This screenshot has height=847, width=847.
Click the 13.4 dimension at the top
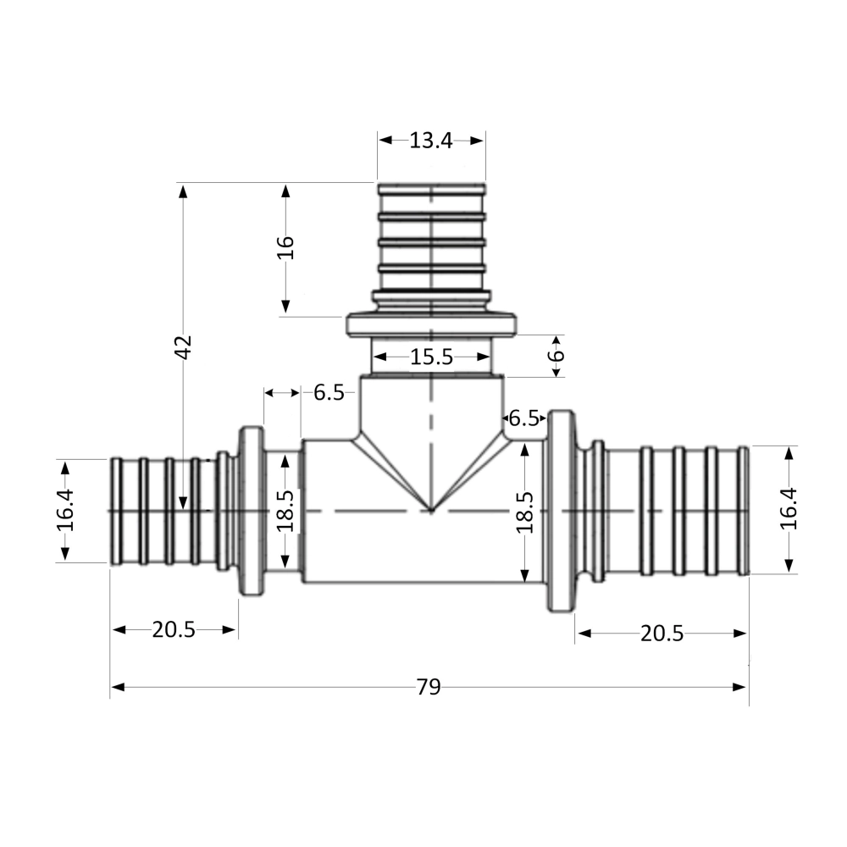pos(431,141)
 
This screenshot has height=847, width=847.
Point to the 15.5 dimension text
pos(431,357)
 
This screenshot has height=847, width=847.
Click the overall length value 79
pos(429,687)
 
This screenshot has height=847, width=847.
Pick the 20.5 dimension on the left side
pos(174,629)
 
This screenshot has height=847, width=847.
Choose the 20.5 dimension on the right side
pos(662,634)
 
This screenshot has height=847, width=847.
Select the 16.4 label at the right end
pos(789,510)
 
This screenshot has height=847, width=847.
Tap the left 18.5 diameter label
pos(285,511)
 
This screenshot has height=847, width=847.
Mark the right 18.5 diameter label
pos(525,511)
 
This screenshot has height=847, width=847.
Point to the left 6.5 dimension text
pos(329,392)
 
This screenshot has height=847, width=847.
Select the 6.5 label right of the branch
pos(523,418)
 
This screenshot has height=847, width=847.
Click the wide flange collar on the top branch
pos(432,325)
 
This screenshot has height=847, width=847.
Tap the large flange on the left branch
pos(252,511)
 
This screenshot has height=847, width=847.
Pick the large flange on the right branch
pos(562,511)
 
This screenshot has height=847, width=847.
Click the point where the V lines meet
pos(431,511)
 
